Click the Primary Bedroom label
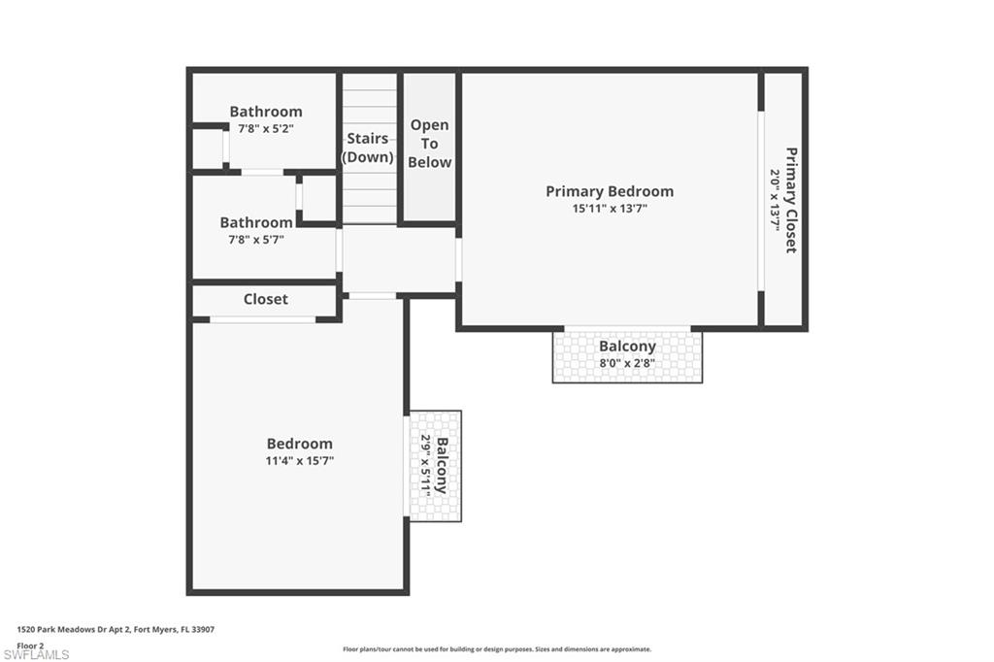click(x=609, y=191)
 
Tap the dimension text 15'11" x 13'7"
click(x=609, y=208)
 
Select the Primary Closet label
click(x=791, y=200)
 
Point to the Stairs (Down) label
click(x=368, y=148)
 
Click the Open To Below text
click(x=429, y=144)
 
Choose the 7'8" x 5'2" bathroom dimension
click(x=265, y=127)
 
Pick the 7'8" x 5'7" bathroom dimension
click(x=255, y=239)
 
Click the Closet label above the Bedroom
click(x=265, y=299)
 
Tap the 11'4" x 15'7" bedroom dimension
click(x=299, y=460)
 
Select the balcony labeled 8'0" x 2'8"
click(x=627, y=355)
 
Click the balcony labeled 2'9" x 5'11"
click(x=435, y=466)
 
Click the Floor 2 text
click(x=30, y=645)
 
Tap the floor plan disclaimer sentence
click(x=496, y=649)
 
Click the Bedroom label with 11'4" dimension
click(x=299, y=444)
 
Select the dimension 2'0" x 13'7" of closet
click(x=776, y=200)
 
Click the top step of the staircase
click(x=368, y=82)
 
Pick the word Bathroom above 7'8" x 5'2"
click(x=265, y=112)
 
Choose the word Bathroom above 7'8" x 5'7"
click(x=255, y=222)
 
